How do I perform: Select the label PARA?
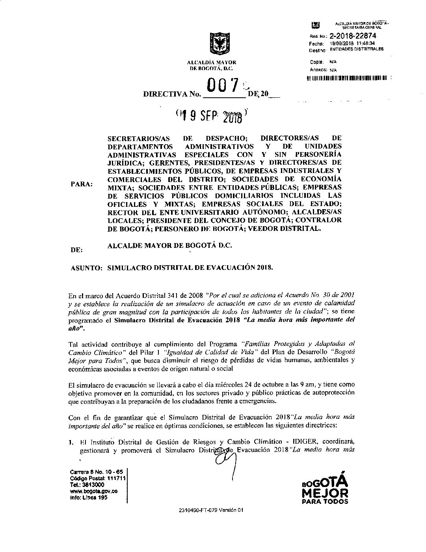point(82,184)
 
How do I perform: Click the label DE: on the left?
point(76,250)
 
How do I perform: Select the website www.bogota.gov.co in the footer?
point(93,491)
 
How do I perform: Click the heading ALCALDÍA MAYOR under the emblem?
point(212,62)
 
